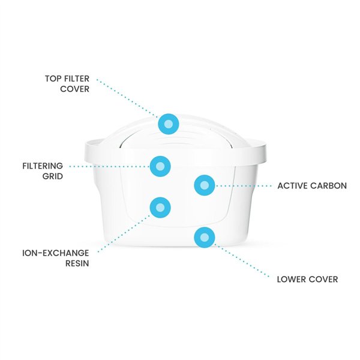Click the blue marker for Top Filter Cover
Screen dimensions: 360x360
[x=169, y=124]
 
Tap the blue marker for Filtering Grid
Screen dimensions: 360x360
[x=160, y=166]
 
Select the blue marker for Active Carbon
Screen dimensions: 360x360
[x=204, y=185]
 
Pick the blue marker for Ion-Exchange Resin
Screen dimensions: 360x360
[x=160, y=208]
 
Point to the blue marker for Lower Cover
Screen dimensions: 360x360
[x=204, y=238]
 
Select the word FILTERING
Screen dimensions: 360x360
[x=43, y=166]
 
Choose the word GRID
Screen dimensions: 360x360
[x=52, y=176]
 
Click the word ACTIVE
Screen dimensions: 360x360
[x=293, y=186]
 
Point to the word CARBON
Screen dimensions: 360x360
[x=329, y=186]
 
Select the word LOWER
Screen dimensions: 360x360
[x=292, y=279]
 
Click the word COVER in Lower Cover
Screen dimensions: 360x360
[x=324, y=279]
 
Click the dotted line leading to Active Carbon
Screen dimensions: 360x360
[x=243, y=186]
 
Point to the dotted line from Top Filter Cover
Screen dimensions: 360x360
[x=129, y=99]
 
